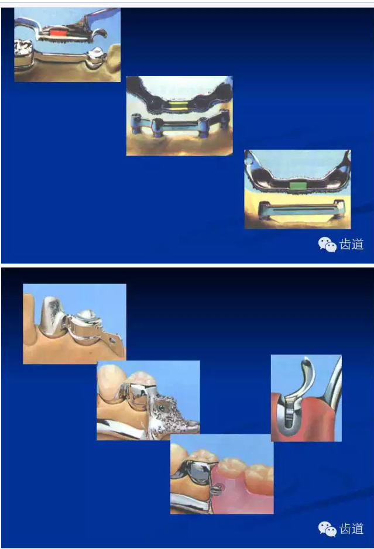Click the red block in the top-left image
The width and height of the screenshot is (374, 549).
(58, 33)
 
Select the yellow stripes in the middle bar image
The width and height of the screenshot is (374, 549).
(179, 106)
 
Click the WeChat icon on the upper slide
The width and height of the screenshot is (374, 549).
(327, 245)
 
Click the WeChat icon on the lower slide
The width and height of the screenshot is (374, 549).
(327, 529)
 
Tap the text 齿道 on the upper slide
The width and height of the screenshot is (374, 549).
(352, 245)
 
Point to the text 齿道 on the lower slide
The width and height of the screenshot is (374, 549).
(352, 529)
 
